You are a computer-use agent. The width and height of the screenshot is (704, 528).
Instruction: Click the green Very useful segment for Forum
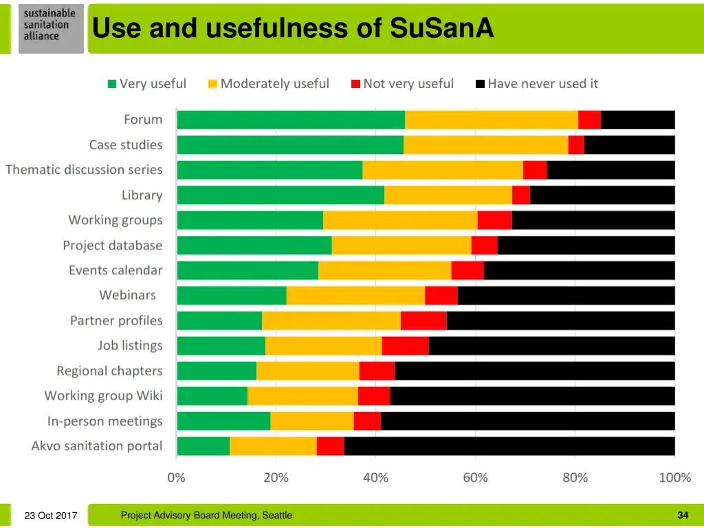coord(291,120)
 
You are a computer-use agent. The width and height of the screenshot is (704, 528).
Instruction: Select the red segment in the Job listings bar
coord(406,346)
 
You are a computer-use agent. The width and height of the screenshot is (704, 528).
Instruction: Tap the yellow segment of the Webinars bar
coord(355,296)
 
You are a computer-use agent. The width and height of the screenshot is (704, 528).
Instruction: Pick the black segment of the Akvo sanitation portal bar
coord(509,446)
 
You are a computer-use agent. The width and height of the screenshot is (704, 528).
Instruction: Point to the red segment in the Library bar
coord(521,195)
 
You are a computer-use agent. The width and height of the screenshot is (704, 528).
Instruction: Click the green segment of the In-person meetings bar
coord(223,421)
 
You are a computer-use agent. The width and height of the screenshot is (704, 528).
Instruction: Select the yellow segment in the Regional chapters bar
coord(307,371)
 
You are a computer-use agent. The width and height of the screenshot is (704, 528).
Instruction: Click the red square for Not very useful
coord(355,84)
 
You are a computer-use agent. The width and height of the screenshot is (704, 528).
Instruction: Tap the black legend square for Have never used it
coord(481,84)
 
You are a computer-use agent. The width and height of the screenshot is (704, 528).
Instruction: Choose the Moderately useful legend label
coord(274,84)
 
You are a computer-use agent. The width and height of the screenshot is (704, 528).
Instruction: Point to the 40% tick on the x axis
coord(375,478)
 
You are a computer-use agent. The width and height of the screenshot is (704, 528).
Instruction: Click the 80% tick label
coord(575,478)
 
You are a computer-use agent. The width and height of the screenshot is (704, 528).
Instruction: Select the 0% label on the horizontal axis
coord(177,478)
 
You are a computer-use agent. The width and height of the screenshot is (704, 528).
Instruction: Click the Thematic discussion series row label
coord(84,170)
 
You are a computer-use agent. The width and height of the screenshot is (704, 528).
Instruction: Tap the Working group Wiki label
coord(103,396)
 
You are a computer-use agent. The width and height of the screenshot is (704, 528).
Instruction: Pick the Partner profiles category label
coord(116,321)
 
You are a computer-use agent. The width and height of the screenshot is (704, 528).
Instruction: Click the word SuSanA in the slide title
coord(441,28)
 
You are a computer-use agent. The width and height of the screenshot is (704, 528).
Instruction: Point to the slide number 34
coord(683,515)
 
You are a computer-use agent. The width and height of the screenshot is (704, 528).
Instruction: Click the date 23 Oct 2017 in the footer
coord(50,516)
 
